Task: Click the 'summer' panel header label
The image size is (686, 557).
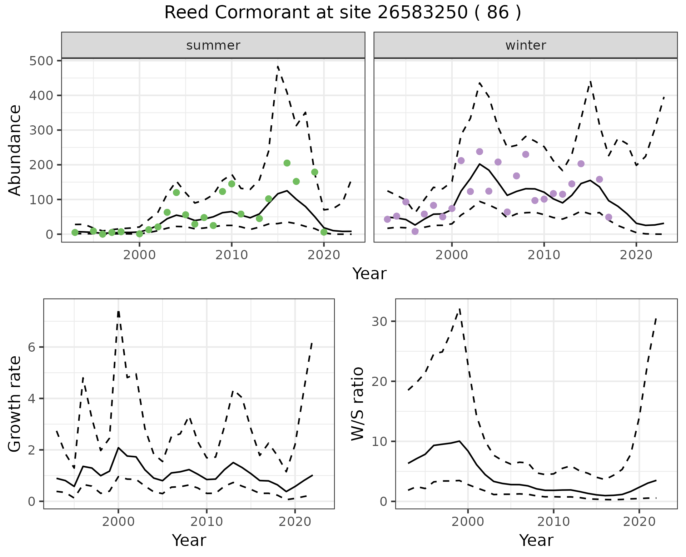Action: [213, 45]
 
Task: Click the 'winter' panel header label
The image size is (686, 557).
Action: [525, 45]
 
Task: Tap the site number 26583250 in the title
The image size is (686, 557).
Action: [422, 13]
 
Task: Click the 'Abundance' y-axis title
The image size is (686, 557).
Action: [15, 150]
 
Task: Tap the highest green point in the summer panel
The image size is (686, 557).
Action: [287, 163]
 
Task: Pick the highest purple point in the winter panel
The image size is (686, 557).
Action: [479, 152]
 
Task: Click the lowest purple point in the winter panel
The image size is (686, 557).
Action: [415, 231]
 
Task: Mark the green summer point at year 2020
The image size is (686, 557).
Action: [324, 232]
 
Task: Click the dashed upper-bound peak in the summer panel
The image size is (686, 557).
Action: [278, 66]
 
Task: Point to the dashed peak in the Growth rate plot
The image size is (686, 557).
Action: [118, 311]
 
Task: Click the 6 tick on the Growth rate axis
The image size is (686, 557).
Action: [32, 347]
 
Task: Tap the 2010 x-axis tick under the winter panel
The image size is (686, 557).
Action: [544, 255]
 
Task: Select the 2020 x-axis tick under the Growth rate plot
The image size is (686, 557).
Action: [295, 522]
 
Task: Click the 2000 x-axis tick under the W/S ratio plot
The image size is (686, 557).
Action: [468, 522]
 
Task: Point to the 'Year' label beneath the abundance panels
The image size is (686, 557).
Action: [369, 274]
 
